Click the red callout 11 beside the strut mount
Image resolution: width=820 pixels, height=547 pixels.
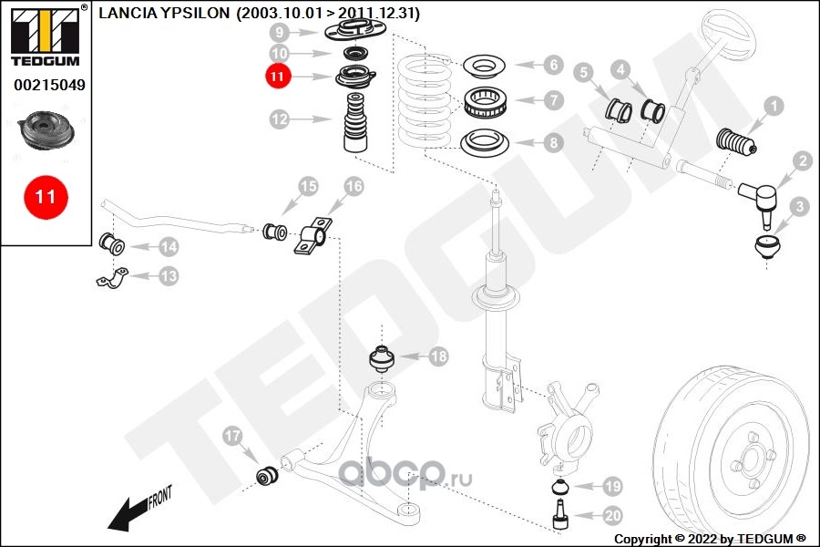pyautogui.click(x=277, y=77)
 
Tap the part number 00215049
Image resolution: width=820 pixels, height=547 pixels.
pyautogui.click(x=50, y=85)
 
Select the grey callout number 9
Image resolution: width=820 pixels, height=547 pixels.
pyautogui.click(x=280, y=33)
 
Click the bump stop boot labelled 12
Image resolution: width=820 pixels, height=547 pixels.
pyautogui.click(x=356, y=122)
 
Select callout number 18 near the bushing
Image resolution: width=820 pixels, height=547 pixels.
pyautogui.click(x=438, y=357)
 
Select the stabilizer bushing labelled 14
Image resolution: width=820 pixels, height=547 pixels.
pyautogui.click(x=111, y=243)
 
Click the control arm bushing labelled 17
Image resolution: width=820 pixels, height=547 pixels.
pyautogui.click(x=267, y=475)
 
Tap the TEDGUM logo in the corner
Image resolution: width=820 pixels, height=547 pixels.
pyautogui.click(x=46, y=36)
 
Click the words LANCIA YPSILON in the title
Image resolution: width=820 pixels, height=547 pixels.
pyautogui.click(x=164, y=13)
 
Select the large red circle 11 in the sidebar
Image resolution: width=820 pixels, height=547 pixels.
pyautogui.click(x=46, y=197)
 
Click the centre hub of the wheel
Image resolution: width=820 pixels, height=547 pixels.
pyautogui.click(x=752, y=459)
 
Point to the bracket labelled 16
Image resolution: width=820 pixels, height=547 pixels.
pyautogui.click(x=313, y=236)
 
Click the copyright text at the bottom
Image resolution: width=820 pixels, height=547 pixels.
pyautogui.click(x=710, y=539)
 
